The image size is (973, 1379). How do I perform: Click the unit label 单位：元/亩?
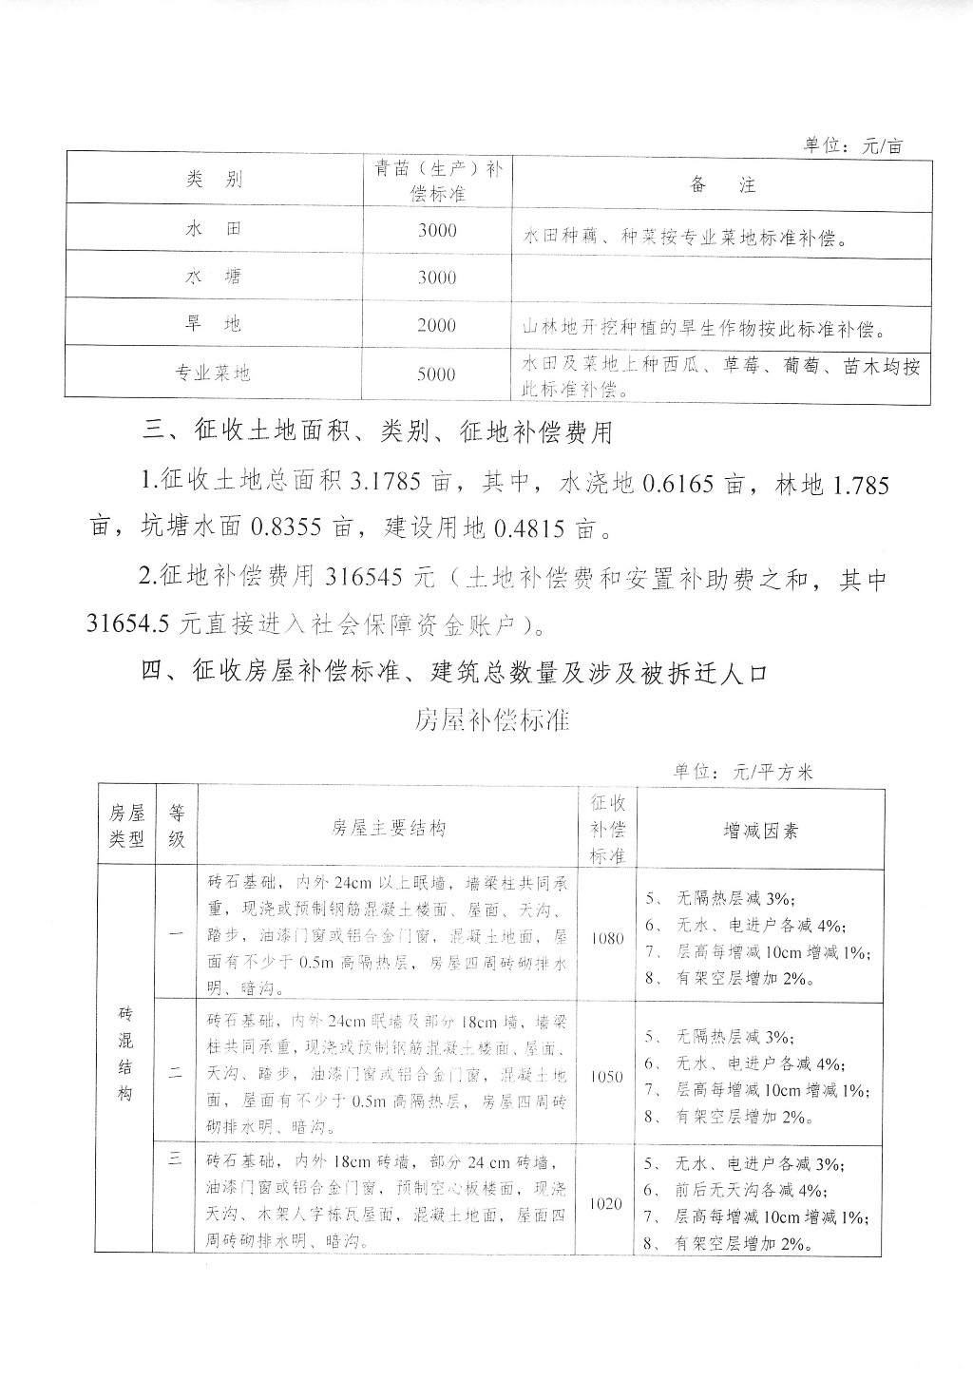click(x=852, y=145)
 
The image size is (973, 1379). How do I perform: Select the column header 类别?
click(x=214, y=181)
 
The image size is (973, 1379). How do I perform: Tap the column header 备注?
click(x=722, y=184)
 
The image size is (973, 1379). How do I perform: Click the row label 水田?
click(x=214, y=230)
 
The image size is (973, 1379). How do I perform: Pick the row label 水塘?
click(x=214, y=277)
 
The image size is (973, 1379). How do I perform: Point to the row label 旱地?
click(x=214, y=324)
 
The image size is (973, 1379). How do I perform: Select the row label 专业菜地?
click(x=212, y=373)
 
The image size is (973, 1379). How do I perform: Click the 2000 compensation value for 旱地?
click(x=436, y=325)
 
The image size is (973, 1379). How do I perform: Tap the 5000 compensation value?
click(x=436, y=373)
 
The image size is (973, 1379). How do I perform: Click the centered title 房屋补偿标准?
click(x=491, y=719)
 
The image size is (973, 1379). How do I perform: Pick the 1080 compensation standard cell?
click(x=607, y=938)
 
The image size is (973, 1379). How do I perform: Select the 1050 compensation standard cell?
click(x=607, y=1077)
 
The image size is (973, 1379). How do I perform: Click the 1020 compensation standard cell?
click(x=607, y=1203)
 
